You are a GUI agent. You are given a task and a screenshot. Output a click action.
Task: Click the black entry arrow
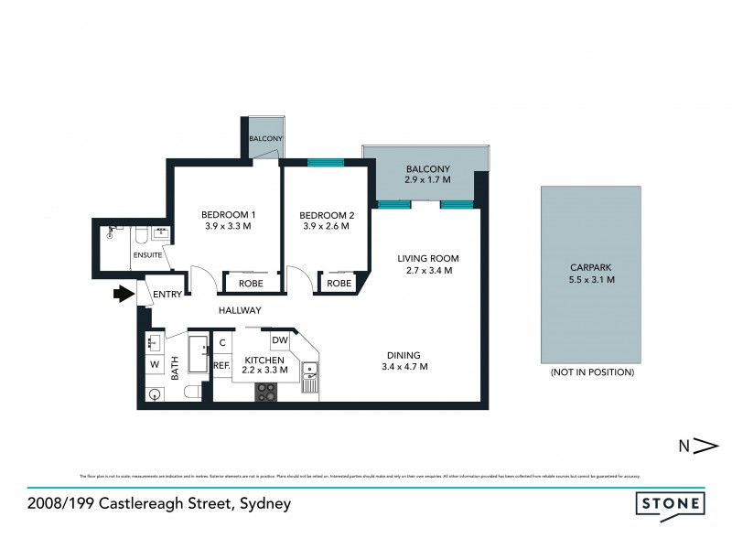click(123, 295)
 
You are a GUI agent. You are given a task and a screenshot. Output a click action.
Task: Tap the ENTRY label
click(167, 294)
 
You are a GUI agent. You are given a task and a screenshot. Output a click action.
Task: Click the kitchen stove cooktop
click(266, 391)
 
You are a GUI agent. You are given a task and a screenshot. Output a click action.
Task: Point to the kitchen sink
click(311, 375)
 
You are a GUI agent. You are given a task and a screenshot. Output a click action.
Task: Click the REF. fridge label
click(221, 365)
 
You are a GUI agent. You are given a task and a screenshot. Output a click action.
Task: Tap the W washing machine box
click(155, 365)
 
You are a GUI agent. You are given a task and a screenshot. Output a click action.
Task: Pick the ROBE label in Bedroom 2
click(339, 284)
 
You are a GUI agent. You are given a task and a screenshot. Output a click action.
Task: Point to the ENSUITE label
click(147, 255)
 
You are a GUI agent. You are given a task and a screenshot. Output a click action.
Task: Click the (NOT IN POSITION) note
click(592, 373)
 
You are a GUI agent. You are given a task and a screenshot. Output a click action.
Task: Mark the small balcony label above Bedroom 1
click(265, 138)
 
